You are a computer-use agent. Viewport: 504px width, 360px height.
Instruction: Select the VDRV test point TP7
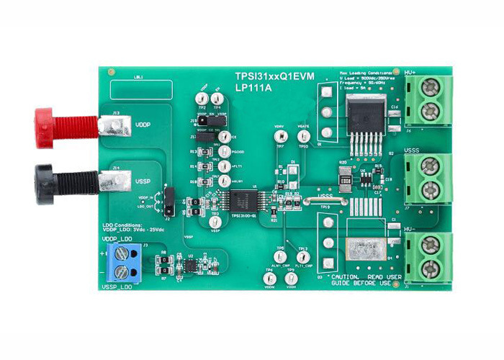coord(279,136)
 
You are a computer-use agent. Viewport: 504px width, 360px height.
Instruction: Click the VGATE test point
coord(304,136)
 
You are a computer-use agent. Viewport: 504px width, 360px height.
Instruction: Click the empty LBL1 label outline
coord(141,89)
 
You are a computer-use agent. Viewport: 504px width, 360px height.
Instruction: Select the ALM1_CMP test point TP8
coord(281,257)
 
